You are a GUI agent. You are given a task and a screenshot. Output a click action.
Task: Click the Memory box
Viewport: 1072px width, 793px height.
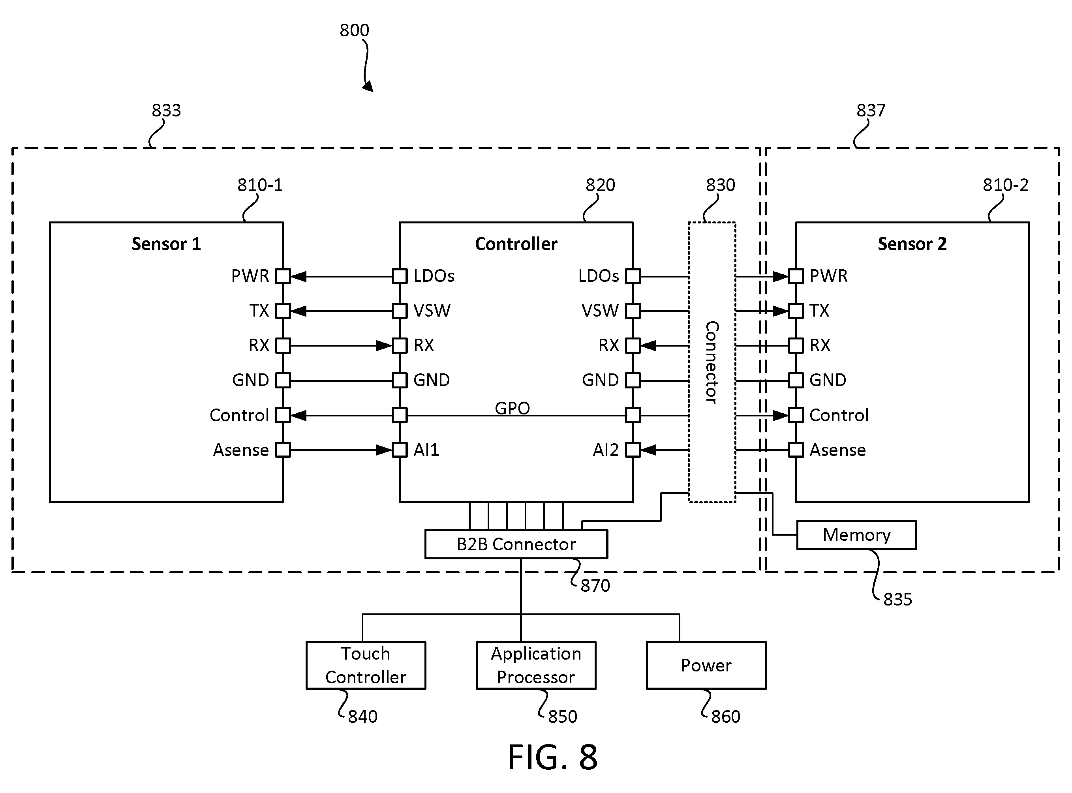pos(856,535)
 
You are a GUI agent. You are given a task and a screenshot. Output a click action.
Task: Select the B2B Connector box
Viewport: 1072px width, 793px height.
pos(516,544)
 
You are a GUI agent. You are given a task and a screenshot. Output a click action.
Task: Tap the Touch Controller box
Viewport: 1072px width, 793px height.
pos(366,666)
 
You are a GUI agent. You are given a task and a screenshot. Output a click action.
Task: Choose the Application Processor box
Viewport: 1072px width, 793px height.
pos(536,666)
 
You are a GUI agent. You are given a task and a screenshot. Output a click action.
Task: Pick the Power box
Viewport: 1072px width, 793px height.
pos(706,666)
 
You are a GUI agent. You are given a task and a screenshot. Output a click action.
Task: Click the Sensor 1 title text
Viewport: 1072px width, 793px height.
pos(166,244)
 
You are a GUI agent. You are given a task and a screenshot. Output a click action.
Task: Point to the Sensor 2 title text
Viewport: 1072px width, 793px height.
pos(912,244)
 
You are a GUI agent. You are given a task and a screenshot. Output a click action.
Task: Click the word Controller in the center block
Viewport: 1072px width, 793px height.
pos(516,244)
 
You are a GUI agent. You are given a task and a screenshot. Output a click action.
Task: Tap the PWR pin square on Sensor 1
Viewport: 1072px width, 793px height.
pos(283,276)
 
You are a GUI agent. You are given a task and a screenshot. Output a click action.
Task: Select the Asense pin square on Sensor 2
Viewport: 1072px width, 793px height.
pos(796,450)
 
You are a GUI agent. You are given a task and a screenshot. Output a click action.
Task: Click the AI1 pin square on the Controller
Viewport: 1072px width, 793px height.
pos(400,450)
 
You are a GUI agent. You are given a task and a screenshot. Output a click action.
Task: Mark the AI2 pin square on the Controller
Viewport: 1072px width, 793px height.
pos(633,450)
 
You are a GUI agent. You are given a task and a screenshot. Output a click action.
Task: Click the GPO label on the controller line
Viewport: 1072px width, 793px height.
pos(512,408)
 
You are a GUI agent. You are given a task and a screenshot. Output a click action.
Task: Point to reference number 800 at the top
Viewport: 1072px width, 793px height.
pos(354,30)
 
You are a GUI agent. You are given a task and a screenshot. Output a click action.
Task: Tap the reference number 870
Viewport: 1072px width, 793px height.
pos(595,586)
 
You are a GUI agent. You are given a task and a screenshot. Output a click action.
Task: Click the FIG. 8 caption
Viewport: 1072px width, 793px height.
pos(552,757)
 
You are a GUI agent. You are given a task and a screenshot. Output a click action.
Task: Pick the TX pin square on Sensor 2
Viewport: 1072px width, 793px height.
pos(796,311)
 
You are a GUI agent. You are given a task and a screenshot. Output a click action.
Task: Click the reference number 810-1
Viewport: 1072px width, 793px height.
pos(260,185)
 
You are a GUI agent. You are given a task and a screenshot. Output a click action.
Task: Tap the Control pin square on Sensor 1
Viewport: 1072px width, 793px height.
pos(283,415)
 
